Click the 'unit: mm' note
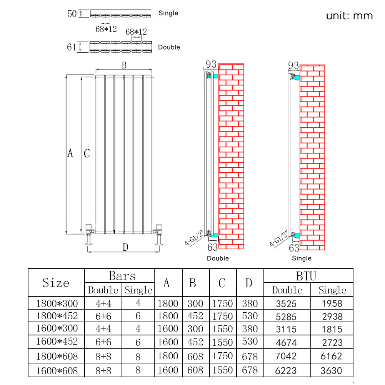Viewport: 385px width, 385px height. pos(349,16)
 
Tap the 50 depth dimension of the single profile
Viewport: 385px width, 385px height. pos(72,14)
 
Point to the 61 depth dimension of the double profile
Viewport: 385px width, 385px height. pos(72,47)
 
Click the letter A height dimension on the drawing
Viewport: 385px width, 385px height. pos(70,153)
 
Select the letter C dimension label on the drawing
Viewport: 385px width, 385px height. pos(87,153)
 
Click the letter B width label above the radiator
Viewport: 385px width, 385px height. pos(124,65)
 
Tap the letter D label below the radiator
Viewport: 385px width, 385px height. pos(125,247)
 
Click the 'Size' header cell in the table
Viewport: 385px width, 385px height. pos(56,283)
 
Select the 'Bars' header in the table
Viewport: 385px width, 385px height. pos(122,276)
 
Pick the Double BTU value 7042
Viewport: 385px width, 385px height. pos(287,356)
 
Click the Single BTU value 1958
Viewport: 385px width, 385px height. pos(332,303)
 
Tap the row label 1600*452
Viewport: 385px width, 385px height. pos(57,342)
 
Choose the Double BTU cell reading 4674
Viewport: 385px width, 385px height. pos(287,342)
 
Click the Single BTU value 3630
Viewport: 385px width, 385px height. pos(332,371)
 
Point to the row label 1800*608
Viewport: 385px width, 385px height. pos(57,356)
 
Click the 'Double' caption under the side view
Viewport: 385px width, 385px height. pos(218,258)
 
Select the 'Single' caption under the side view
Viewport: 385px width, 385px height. pos(302,258)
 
